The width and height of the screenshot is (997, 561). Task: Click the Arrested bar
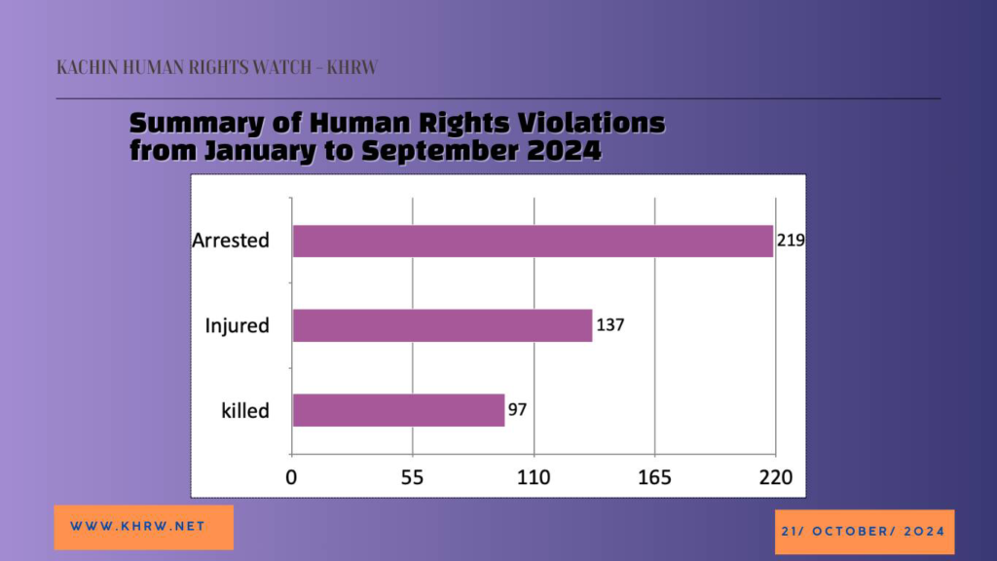coord(533,242)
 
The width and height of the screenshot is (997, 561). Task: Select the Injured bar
coord(443,325)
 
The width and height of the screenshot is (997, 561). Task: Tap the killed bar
coord(398,410)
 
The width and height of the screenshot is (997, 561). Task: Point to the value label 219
coord(791,241)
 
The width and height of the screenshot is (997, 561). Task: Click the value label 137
coord(609,325)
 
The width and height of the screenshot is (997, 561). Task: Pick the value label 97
coord(517,410)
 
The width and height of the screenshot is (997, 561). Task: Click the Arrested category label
coord(231,241)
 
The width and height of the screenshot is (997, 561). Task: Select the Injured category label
coord(238,325)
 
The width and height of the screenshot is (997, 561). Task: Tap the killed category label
coord(245,411)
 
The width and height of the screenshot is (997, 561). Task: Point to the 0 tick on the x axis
coord(291,477)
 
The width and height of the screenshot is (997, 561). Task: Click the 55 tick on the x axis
coord(412,477)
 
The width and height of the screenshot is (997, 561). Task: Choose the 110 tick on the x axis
coord(534,477)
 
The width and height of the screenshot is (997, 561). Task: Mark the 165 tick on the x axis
coord(654,477)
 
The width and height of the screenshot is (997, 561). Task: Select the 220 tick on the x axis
coord(776,477)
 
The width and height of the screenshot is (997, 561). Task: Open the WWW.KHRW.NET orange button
coord(144,527)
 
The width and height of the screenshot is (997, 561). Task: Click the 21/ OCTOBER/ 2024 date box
coord(865,532)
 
